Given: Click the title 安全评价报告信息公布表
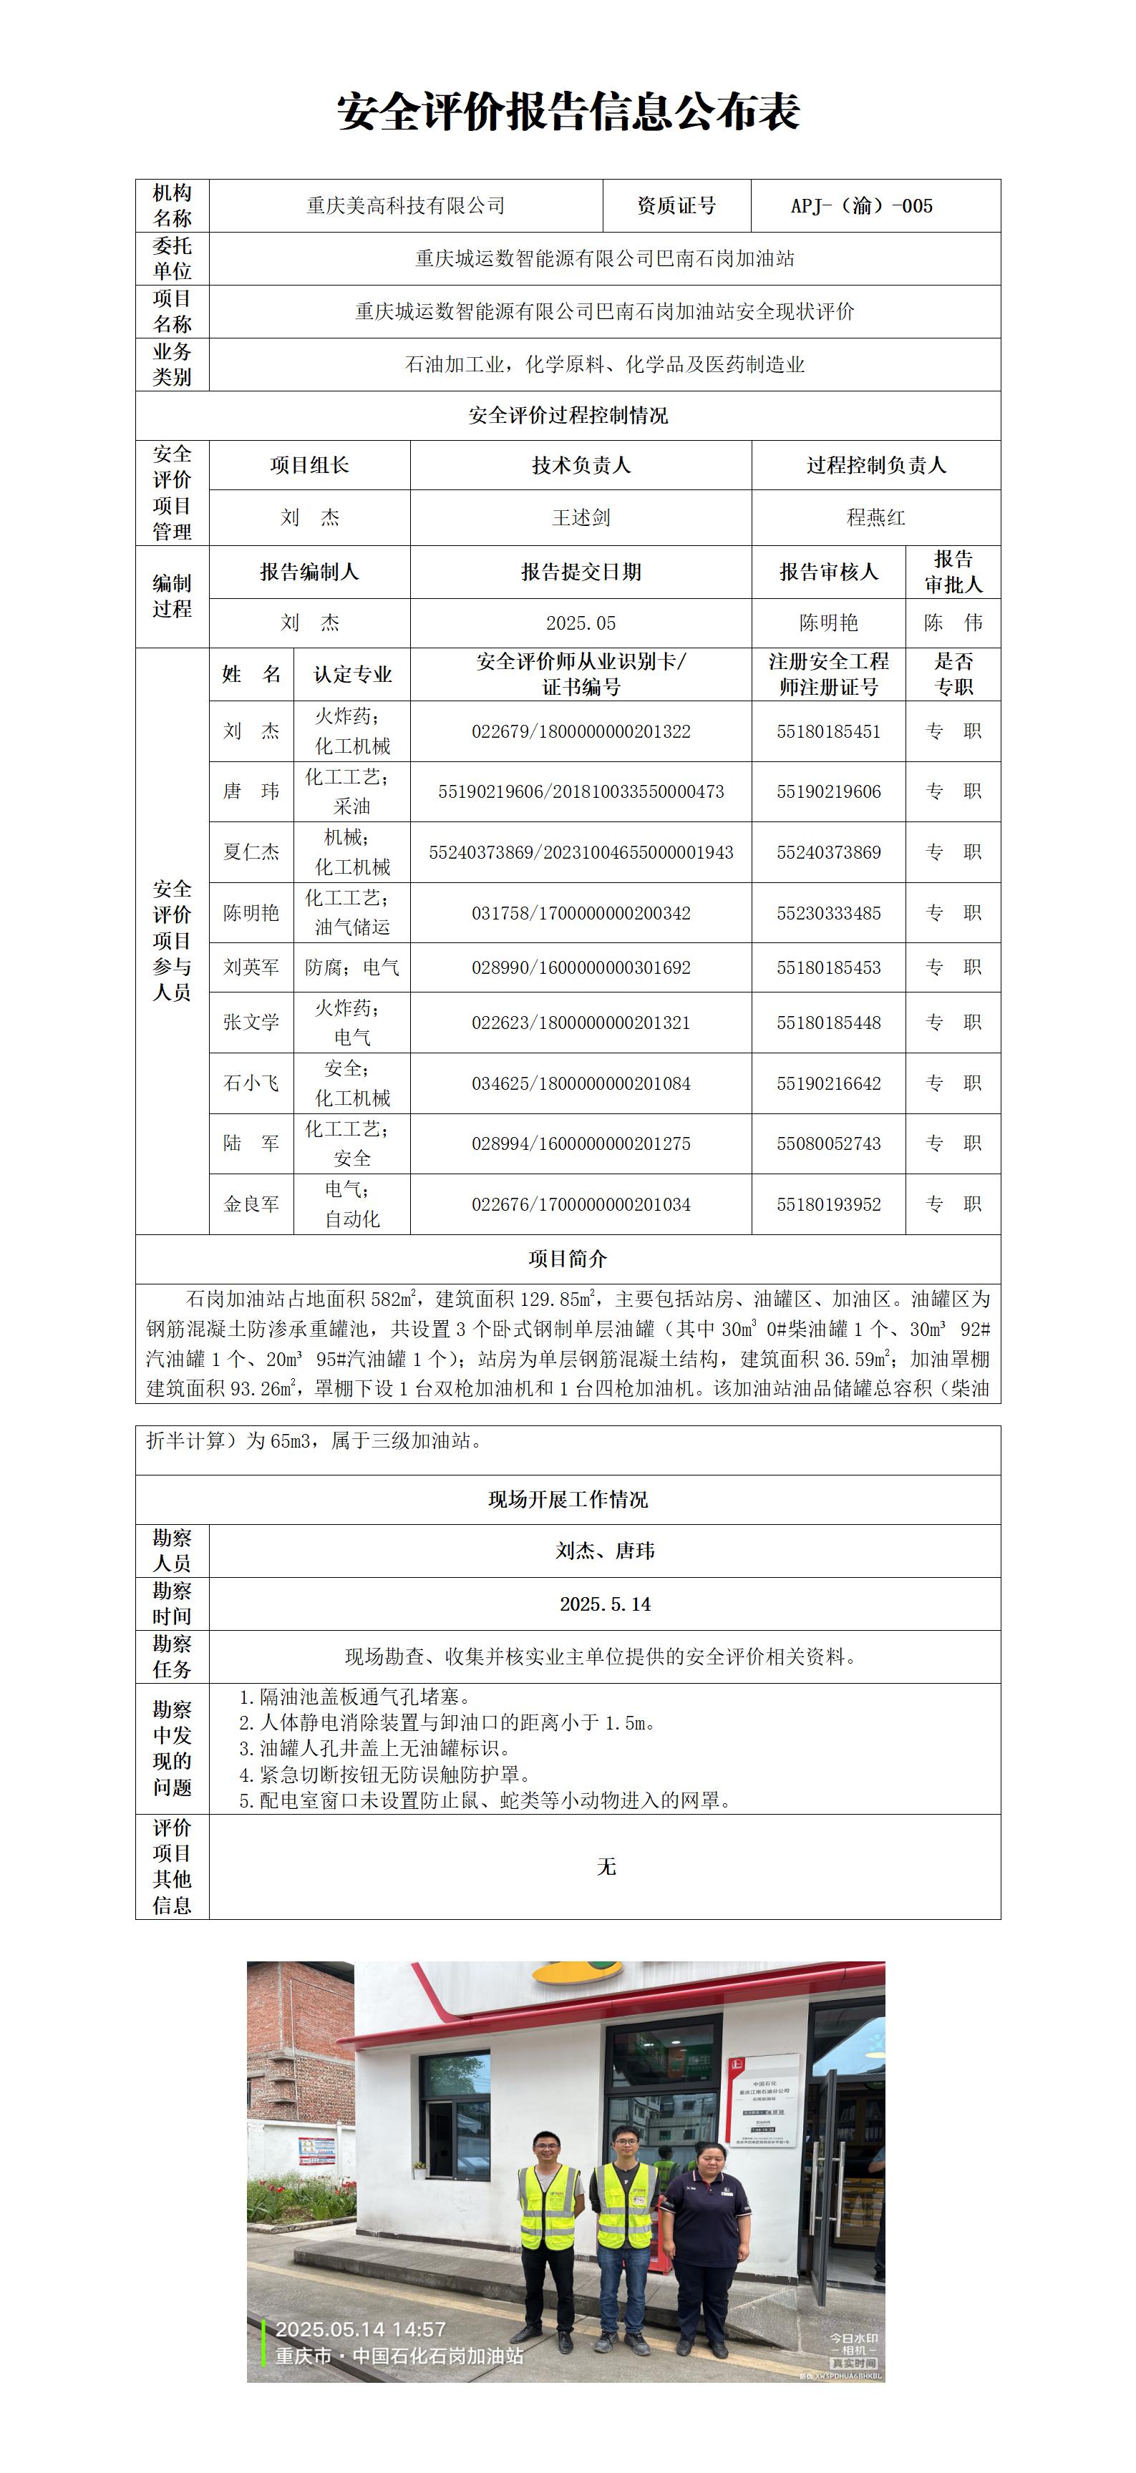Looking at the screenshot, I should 568,112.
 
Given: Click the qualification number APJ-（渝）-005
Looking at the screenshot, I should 861,205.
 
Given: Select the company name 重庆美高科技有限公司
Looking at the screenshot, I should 405,205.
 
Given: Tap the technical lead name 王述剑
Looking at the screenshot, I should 581,517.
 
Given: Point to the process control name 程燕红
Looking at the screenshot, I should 875,517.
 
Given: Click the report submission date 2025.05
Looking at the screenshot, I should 581,623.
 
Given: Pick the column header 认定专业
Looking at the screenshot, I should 352,674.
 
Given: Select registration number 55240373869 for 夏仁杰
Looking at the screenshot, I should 829,852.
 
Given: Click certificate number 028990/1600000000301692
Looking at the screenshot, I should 581,967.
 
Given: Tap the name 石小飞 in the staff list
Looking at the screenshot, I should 251,1083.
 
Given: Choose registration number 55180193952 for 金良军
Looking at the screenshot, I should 829,1204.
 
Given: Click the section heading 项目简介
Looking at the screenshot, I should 568,1259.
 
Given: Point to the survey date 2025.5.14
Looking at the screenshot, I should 605,1604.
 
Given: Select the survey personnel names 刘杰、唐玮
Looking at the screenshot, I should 605,1551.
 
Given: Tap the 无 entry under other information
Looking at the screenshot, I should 606,1866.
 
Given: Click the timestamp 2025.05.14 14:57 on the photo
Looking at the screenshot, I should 360,2329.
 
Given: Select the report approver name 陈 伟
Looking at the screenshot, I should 953,623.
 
